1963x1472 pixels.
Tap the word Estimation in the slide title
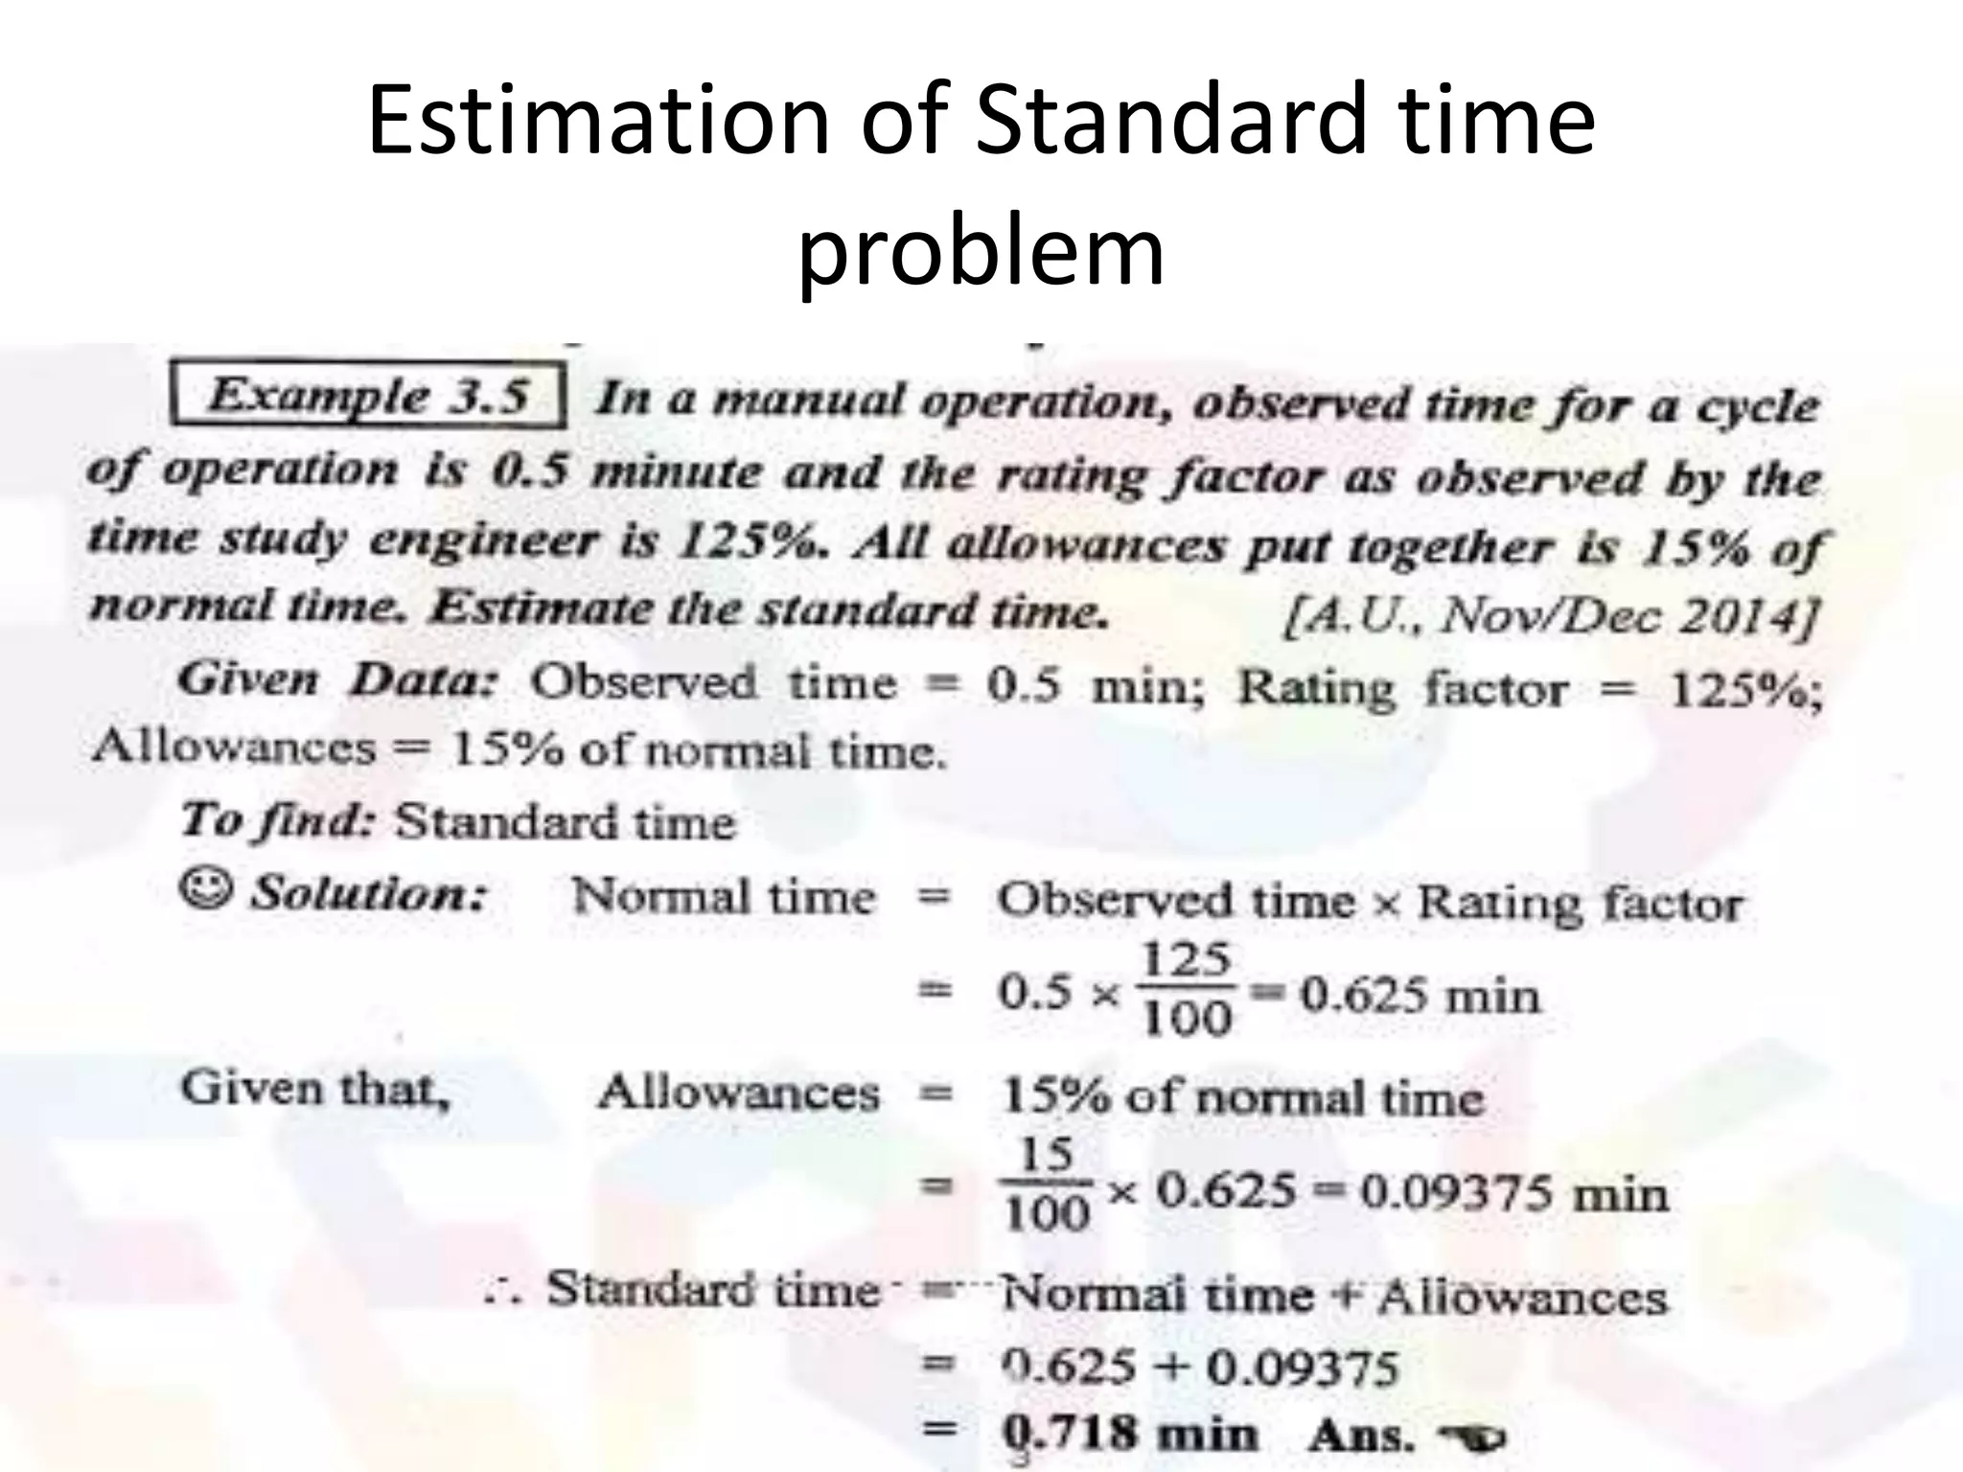(598, 121)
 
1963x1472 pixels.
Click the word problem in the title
(981, 251)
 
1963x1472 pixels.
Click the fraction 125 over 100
(1187, 989)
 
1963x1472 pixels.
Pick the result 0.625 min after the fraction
(1420, 995)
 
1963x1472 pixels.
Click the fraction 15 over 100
(1047, 1184)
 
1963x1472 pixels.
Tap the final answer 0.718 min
(1128, 1435)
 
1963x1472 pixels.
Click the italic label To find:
(277, 821)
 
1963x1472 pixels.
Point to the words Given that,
(315, 1090)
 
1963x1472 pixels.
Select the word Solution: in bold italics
(369, 894)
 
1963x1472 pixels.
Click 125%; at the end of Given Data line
(1745, 690)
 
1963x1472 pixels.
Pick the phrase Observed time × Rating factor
(1369, 902)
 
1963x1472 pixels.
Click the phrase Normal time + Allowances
(1333, 1296)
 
